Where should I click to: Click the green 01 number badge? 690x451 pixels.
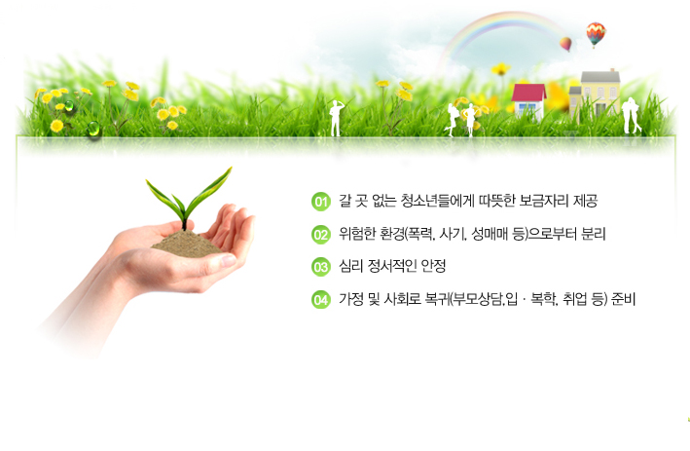(321, 202)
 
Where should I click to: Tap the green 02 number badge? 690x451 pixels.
(321, 235)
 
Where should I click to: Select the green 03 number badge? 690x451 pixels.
(321, 267)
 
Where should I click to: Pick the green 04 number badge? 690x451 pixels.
(321, 300)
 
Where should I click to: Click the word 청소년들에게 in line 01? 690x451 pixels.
(437, 201)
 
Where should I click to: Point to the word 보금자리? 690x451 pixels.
(544, 201)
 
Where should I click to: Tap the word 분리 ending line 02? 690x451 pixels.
(594, 234)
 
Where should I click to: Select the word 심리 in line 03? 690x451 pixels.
(350, 266)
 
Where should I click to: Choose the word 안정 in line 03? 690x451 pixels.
(433, 266)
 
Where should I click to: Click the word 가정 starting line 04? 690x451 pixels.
(351, 299)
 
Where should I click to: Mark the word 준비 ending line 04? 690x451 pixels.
(623, 299)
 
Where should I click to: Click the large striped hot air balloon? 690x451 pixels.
(596, 33)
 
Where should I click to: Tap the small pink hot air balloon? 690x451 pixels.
(565, 44)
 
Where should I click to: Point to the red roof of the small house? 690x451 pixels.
(528, 93)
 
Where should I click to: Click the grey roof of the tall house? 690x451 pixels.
(600, 77)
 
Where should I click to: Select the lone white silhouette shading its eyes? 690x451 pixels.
(336, 118)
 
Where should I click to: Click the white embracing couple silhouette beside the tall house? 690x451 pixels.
(631, 115)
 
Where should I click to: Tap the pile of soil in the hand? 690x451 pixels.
(187, 244)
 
